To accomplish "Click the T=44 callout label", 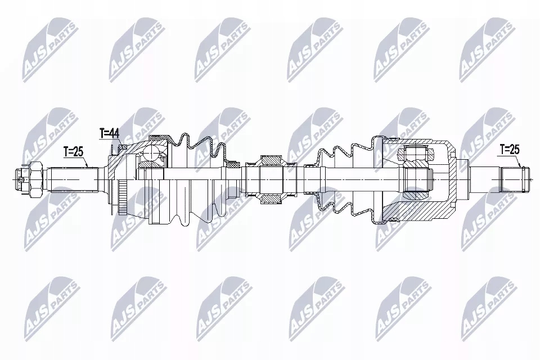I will (110, 133).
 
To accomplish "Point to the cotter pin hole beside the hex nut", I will (21, 179).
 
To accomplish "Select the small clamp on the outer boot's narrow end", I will (232, 164).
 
